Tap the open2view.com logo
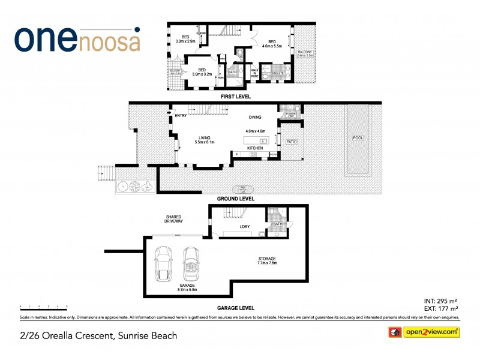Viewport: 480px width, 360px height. tap(424, 332)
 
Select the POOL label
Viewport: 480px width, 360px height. tap(358, 138)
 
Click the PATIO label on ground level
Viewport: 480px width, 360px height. tap(292, 142)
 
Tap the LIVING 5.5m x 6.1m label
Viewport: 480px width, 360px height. tap(205, 139)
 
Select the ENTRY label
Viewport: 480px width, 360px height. tap(181, 115)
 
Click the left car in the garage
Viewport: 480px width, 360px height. tap(163, 264)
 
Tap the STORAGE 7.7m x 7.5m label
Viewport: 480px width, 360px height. tap(266, 260)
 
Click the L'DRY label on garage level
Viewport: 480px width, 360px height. tap(244, 227)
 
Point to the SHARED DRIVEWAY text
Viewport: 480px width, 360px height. tap(174, 219)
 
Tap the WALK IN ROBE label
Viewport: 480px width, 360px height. tap(254, 73)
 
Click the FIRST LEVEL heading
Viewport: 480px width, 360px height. tap(236, 97)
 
